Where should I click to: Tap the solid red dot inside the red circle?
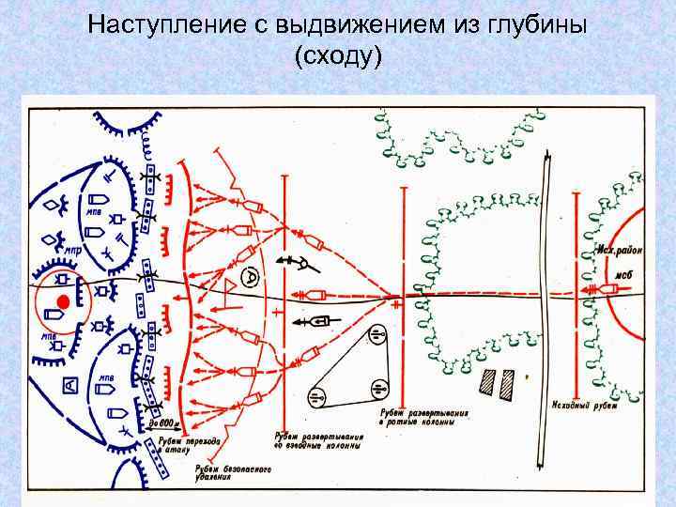[63, 300]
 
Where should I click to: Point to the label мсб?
[623, 274]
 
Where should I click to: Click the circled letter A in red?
[251, 276]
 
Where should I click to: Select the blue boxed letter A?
[69, 384]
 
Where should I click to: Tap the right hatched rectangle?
[508, 381]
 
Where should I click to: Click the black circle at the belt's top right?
[377, 332]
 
